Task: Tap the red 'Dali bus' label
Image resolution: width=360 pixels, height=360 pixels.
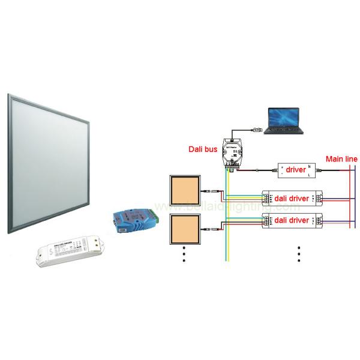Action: pos(202,147)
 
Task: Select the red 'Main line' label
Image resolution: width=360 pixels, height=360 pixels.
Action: pos(341,159)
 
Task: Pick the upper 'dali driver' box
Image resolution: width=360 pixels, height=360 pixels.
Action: pos(292,198)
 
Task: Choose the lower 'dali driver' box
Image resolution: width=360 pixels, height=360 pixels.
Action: pos(292,220)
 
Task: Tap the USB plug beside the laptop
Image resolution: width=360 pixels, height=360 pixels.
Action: pos(256,128)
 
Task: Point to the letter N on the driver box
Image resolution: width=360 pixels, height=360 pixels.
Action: pos(310,166)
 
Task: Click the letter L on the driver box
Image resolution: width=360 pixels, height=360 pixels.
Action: pos(310,175)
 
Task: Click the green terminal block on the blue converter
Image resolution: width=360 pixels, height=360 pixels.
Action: pos(157,212)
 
